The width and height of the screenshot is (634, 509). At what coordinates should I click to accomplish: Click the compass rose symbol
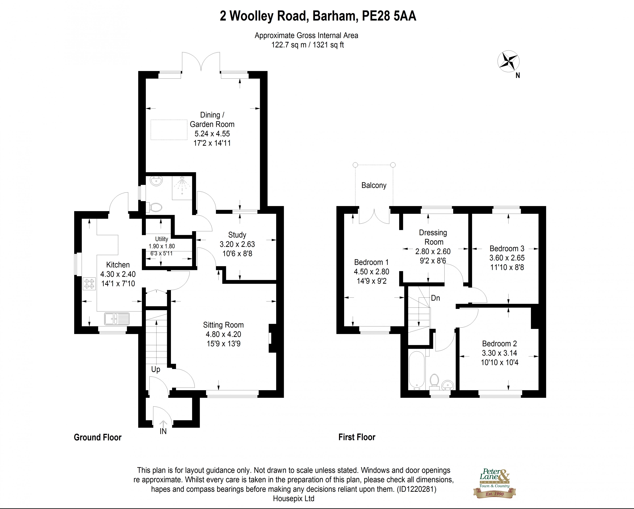[509, 62]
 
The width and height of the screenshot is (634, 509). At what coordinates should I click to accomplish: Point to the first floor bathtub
[416, 370]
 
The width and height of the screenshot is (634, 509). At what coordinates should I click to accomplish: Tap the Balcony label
[374, 185]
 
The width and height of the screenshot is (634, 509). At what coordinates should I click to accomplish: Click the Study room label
[237, 235]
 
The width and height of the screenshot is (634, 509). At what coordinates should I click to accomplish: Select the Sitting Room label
[223, 325]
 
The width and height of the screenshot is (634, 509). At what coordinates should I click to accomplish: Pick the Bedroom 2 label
[499, 343]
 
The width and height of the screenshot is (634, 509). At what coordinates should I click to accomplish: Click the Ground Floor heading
[98, 437]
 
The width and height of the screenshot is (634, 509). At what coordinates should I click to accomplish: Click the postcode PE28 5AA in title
[389, 16]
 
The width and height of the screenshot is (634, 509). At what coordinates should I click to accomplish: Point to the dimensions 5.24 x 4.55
[212, 134]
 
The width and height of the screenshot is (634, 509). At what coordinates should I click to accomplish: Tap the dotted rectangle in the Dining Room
[169, 130]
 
